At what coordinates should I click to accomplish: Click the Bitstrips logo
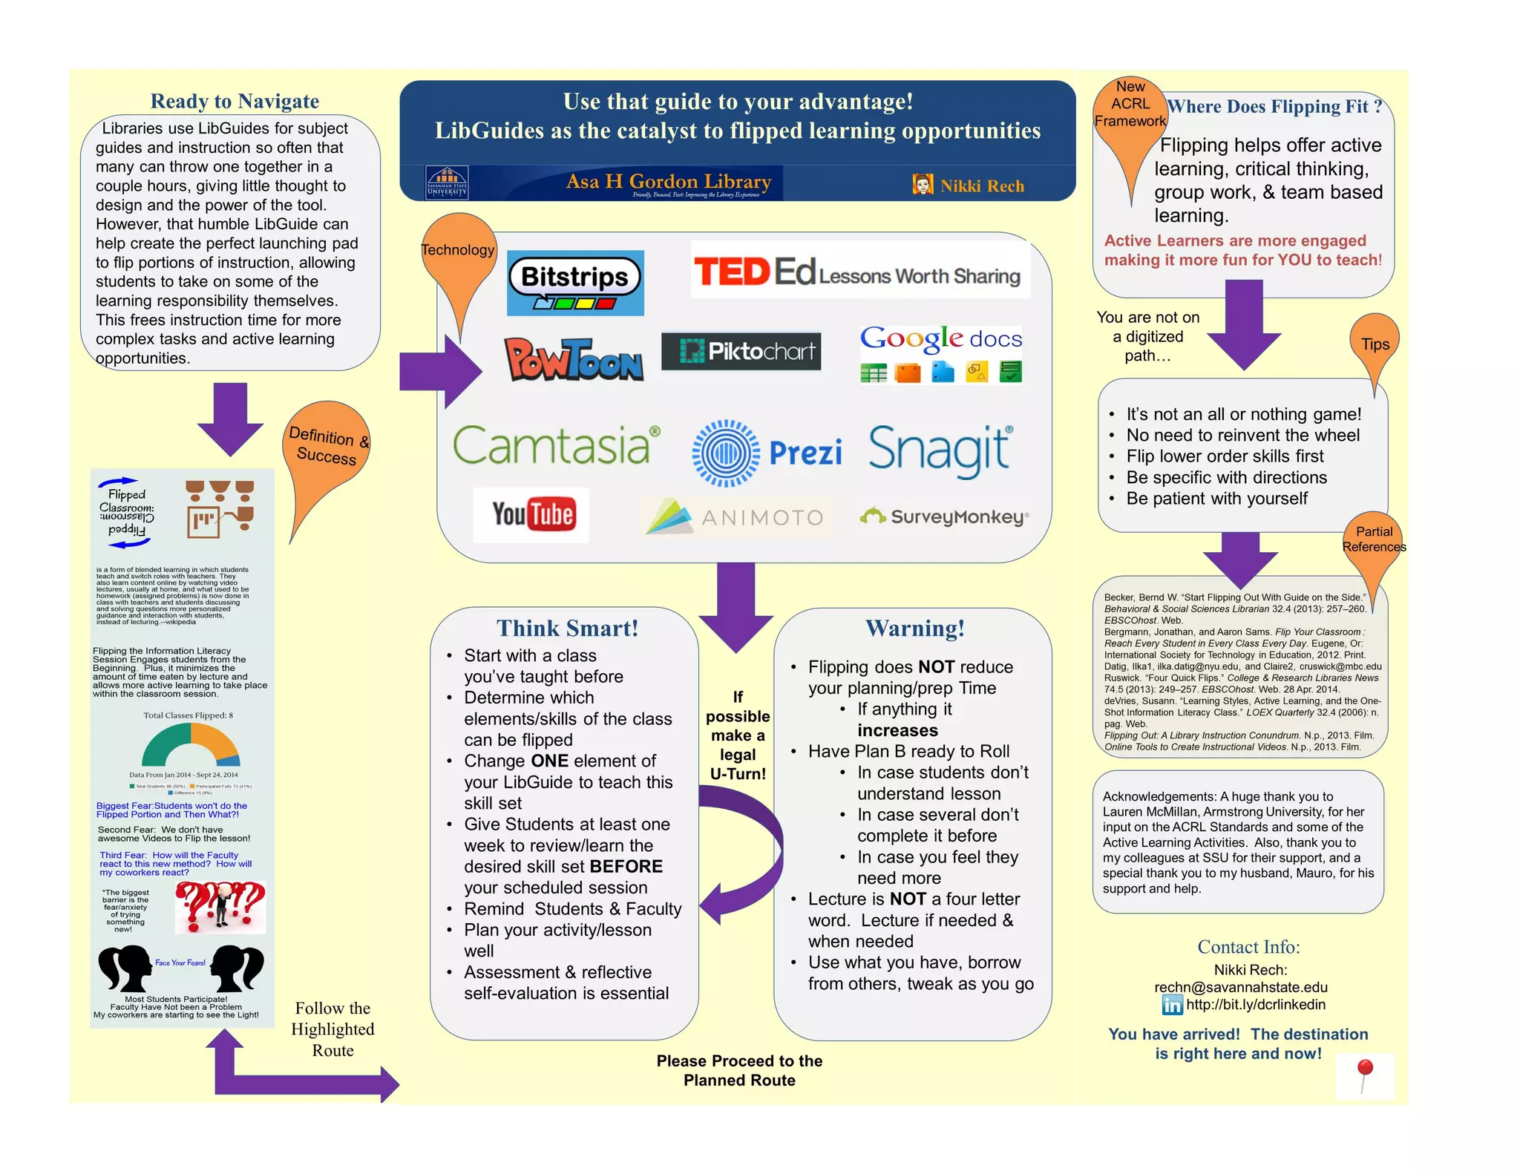(x=575, y=283)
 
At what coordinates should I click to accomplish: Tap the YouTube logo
(x=531, y=514)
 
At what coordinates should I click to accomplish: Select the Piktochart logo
(x=741, y=351)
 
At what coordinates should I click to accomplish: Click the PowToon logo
(x=573, y=359)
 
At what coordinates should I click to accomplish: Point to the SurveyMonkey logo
(x=944, y=517)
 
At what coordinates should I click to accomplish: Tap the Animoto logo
(x=735, y=517)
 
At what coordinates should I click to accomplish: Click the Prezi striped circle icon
(x=726, y=453)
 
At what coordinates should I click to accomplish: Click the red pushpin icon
(x=1365, y=1075)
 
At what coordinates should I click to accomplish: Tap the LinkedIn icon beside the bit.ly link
(x=1172, y=1006)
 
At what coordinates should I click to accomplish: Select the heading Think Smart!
(x=567, y=629)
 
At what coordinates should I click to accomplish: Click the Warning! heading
(x=915, y=629)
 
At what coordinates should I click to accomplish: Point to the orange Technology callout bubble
(x=459, y=249)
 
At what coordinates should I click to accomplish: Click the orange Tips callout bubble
(x=1375, y=343)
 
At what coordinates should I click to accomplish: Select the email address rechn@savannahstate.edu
(x=1240, y=987)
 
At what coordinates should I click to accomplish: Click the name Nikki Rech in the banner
(x=982, y=186)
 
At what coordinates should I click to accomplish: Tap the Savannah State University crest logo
(x=447, y=183)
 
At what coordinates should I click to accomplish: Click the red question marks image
(x=220, y=907)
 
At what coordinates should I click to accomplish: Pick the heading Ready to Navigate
(x=235, y=101)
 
